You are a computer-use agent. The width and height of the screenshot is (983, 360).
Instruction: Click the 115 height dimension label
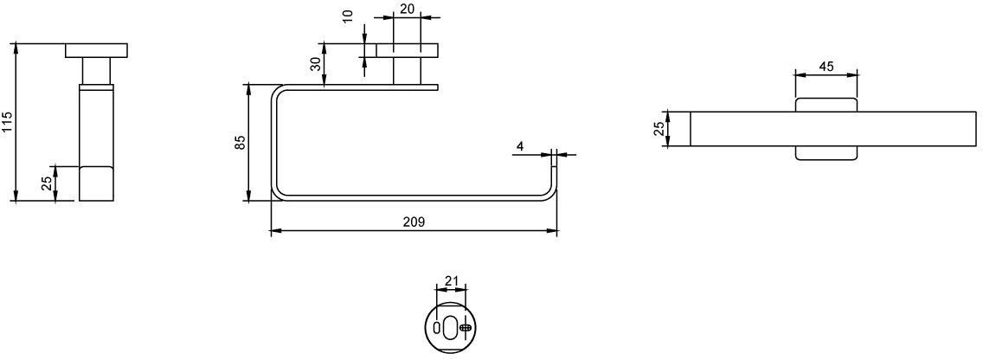pos(7,122)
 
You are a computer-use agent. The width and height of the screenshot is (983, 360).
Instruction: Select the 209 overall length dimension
pos(414,222)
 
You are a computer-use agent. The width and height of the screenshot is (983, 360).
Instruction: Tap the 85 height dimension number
pos(240,143)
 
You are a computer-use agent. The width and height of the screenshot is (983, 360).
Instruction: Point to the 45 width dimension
pos(826,67)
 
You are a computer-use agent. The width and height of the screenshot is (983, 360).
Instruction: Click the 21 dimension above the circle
pos(452,281)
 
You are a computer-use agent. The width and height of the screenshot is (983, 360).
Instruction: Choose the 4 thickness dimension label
pos(520,146)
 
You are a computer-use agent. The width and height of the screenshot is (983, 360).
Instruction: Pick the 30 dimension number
pos(316,62)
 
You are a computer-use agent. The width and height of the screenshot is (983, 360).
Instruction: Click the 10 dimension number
pos(349,15)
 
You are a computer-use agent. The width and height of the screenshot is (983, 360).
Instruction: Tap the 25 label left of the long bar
pos(659,129)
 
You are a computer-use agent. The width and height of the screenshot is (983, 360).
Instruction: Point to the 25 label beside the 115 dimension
pos(47,183)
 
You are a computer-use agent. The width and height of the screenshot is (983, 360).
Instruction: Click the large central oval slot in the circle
pos(451,327)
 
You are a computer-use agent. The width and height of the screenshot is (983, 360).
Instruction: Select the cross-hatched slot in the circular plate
pos(466,327)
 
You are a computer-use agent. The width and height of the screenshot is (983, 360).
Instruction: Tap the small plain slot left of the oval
pos(437,327)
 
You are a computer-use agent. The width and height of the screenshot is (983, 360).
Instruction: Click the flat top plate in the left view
pos(97,50)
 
